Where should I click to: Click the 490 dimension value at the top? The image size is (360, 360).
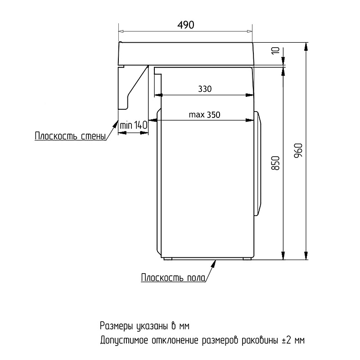click(186, 25)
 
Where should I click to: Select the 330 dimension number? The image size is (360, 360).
click(205, 89)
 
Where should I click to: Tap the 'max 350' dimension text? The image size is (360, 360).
click(204, 115)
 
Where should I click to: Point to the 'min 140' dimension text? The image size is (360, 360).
click(133, 126)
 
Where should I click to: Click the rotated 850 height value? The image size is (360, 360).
click(276, 163)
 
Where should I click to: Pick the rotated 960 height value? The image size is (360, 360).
click(298, 150)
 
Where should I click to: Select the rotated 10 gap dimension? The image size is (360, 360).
click(275, 50)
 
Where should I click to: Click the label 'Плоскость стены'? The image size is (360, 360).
click(70, 136)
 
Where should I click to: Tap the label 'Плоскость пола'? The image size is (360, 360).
click(173, 278)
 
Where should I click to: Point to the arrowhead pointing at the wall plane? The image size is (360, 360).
click(115, 123)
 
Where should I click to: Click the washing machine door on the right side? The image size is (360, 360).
click(258, 164)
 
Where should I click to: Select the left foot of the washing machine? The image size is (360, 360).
click(168, 259)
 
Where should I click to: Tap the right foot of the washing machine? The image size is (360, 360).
click(247, 259)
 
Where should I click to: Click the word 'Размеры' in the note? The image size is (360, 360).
click(117, 326)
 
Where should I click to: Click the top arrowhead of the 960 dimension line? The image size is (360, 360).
click(306, 47)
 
